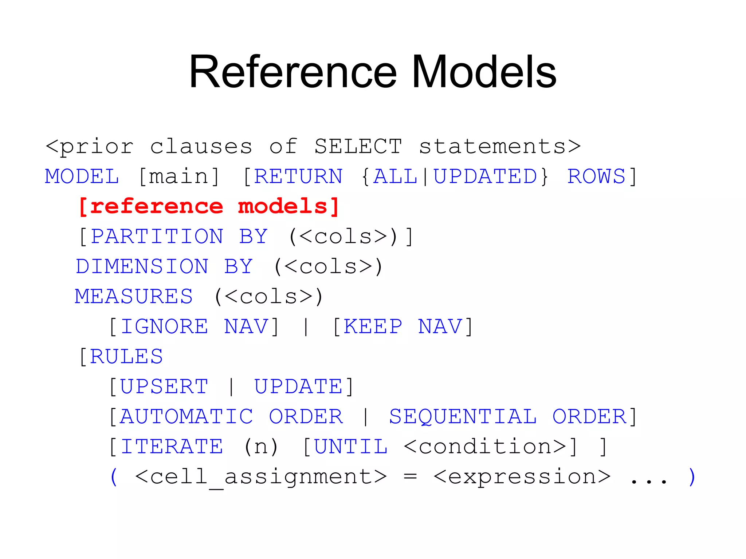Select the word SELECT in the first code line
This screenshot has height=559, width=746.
coord(358,147)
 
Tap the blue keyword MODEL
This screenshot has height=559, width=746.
coord(82,177)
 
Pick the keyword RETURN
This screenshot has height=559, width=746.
coord(298,177)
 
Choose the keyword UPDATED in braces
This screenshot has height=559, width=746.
coord(485,177)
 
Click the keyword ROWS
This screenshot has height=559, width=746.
coord(596,177)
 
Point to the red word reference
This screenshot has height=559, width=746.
coord(156,207)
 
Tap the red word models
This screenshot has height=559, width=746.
coord(283,207)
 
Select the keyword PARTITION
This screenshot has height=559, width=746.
coord(157,237)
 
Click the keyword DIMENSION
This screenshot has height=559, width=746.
coord(142,267)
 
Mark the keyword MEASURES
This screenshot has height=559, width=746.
coord(134,297)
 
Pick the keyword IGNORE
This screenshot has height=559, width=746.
coord(164,327)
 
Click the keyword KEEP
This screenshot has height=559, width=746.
coord(373,327)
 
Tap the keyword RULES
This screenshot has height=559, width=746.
coord(126,357)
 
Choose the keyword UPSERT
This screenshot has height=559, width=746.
coord(164,387)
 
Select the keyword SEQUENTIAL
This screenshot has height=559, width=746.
coord(463,417)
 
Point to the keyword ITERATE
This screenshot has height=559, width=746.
coord(171,447)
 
